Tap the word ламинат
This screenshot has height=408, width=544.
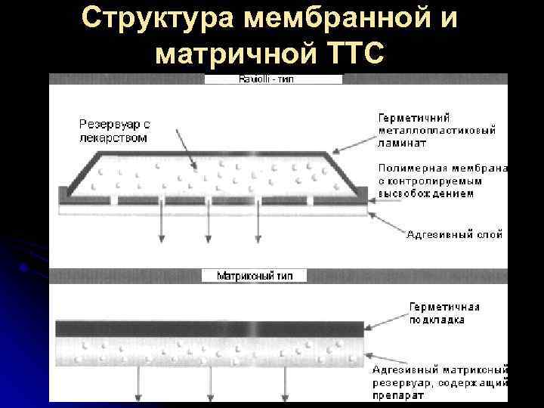click(x=402, y=142)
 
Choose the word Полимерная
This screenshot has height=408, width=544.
click(x=410, y=168)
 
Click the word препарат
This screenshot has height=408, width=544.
click(x=398, y=395)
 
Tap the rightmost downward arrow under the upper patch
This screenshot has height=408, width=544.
click(x=259, y=227)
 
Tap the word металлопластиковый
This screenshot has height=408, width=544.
click(x=437, y=130)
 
